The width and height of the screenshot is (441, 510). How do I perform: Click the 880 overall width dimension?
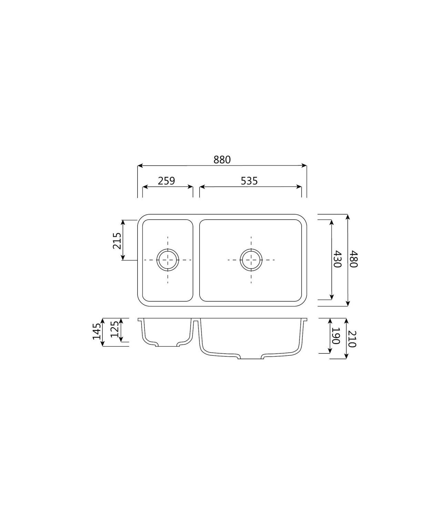click(222, 160)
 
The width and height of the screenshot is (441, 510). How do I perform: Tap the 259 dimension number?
click(166, 181)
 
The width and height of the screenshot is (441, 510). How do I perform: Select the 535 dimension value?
click(249, 181)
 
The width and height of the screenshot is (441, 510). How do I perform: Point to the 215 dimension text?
click(117, 241)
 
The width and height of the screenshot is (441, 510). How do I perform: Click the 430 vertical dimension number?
click(337, 259)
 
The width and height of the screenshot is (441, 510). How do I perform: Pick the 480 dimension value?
click(353, 259)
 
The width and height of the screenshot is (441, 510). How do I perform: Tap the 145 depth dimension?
click(96, 332)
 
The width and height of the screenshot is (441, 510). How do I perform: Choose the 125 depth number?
click(114, 329)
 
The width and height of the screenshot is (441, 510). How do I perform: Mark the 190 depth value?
click(336, 336)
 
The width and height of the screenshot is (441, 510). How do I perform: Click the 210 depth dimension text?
click(352, 339)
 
